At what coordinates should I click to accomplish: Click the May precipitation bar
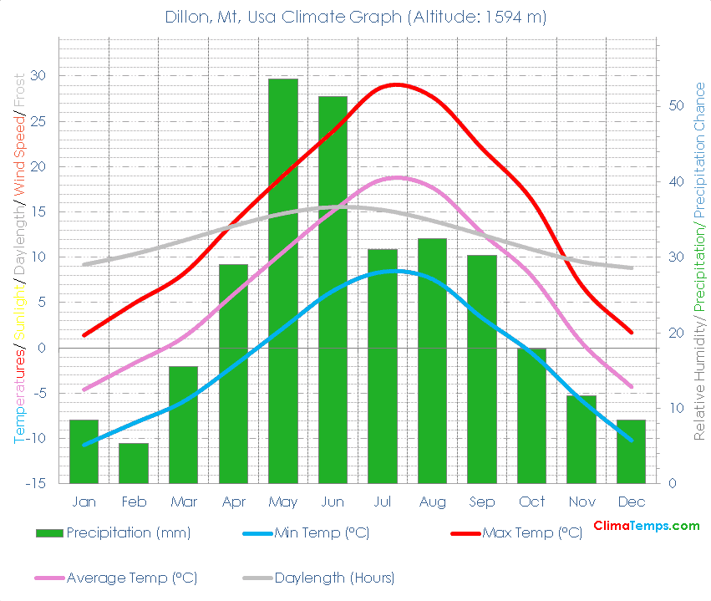pyautogui.click(x=282, y=281)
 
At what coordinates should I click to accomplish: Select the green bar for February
pyautogui.click(x=133, y=463)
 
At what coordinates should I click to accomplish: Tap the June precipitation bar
pyautogui.click(x=333, y=289)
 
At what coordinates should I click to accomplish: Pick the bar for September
pyautogui.click(x=482, y=369)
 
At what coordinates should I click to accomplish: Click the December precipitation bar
pyautogui.click(x=631, y=451)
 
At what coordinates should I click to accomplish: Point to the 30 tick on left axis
pyautogui.click(x=39, y=76)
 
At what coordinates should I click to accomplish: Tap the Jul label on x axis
pyautogui.click(x=383, y=502)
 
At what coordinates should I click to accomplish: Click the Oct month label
pyautogui.click(x=531, y=502)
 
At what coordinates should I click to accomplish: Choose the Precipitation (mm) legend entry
pyautogui.click(x=114, y=533)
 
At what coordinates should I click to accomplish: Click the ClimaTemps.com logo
pyautogui.click(x=646, y=526)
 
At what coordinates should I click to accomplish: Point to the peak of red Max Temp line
pyautogui.click(x=396, y=84)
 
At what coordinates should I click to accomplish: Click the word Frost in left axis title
pyautogui.click(x=19, y=91)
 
